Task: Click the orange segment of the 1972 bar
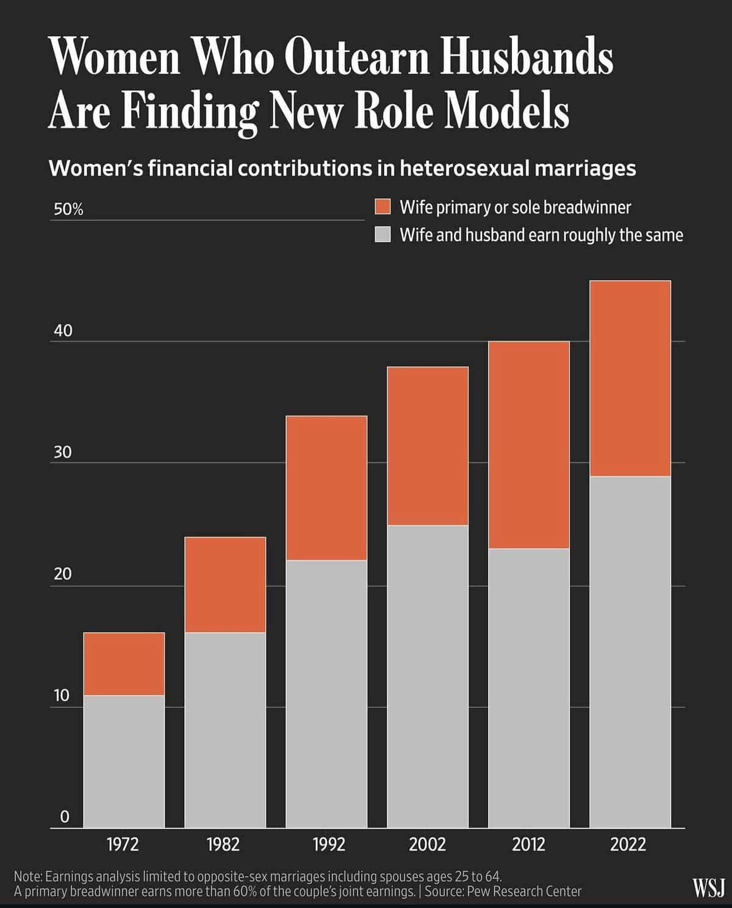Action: click(x=124, y=664)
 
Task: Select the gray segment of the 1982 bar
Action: click(x=225, y=730)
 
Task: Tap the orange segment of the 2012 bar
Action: click(x=529, y=445)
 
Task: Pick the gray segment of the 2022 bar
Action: click(x=630, y=652)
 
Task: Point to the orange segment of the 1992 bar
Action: click(x=326, y=488)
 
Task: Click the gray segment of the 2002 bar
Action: click(x=428, y=676)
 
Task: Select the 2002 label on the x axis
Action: click(x=427, y=845)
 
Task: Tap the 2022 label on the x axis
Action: click(x=628, y=845)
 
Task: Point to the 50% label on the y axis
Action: click(x=68, y=210)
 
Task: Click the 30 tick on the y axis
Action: click(x=63, y=452)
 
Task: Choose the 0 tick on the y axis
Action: click(x=65, y=817)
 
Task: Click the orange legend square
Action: click(x=382, y=207)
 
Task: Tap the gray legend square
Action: click(x=382, y=234)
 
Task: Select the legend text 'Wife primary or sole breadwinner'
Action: click(x=515, y=207)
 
